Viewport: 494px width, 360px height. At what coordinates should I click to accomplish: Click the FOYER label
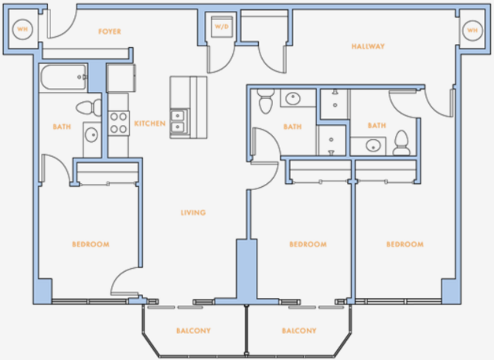tap(110, 32)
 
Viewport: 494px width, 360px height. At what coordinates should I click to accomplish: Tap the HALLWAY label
tap(368, 46)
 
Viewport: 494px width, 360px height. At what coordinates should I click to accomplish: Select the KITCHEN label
tap(150, 124)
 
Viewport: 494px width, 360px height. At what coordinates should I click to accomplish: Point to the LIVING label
tap(193, 212)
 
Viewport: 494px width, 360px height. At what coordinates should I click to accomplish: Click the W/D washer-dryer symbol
tap(222, 27)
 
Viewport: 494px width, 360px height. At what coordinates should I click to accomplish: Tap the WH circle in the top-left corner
tap(22, 29)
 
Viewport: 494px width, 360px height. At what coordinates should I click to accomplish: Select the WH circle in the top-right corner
tap(472, 31)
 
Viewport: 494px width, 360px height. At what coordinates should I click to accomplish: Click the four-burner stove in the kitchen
tap(119, 123)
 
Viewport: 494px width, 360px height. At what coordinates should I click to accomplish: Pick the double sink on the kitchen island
tap(178, 121)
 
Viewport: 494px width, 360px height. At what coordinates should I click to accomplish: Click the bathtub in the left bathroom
tap(63, 77)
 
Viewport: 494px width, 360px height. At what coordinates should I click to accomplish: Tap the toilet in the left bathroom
tap(89, 107)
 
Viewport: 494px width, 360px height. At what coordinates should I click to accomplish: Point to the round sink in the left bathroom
tap(91, 134)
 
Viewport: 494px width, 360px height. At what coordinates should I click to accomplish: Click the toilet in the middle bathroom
tap(266, 100)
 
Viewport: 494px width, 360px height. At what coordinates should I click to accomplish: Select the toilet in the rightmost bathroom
tap(401, 143)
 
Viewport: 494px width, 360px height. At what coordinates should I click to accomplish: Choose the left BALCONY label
tap(193, 331)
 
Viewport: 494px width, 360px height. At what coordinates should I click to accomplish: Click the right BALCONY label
tap(299, 331)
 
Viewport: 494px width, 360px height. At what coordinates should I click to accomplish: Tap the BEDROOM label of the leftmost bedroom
tap(90, 244)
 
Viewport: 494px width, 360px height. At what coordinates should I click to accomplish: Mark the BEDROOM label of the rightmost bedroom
tap(405, 244)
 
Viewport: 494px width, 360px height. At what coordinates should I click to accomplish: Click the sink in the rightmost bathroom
tap(373, 146)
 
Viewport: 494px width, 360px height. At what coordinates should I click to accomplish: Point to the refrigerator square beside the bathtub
tap(121, 78)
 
